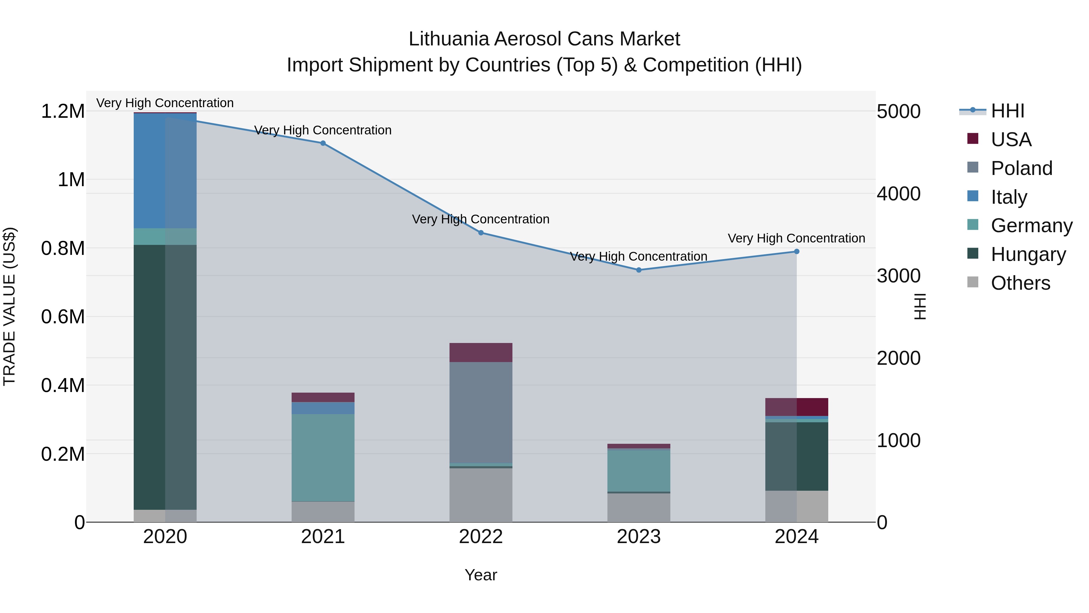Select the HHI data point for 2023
tap(639, 270)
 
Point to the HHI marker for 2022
tap(481, 233)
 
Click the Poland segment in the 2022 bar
tap(481, 413)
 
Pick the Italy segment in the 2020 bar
tap(165, 171)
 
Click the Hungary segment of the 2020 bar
tap(165, 377)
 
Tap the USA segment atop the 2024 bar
tap(796, 407)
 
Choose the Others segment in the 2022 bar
tap(481, 495)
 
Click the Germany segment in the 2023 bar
tap(639, 470)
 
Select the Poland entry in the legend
tap(1021, 168)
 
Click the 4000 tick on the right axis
tap(899, 194)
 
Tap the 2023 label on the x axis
tap(639, 536)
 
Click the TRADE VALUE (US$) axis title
tap(9, 306)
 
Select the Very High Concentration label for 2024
tap(796, 238)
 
